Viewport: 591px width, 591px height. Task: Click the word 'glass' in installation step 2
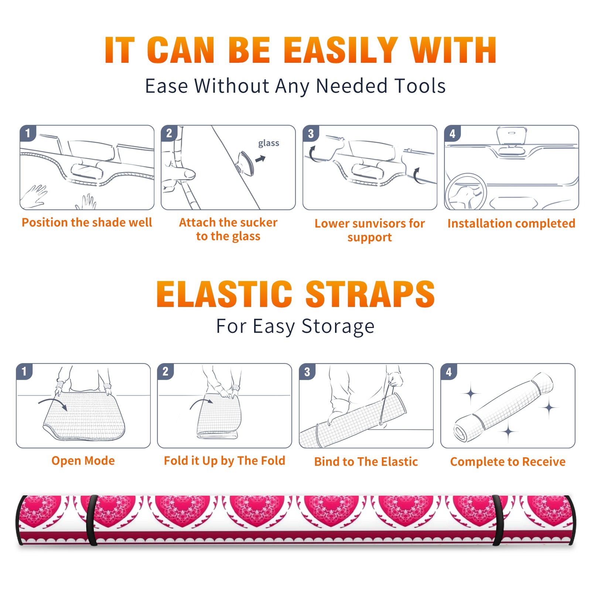pos(269,143)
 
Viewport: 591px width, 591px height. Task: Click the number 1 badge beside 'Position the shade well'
pos(28,133)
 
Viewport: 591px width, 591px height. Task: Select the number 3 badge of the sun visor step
pos(311,133)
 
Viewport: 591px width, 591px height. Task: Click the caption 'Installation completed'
pos(511,223)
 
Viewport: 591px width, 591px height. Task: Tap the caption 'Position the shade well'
pos(87,222)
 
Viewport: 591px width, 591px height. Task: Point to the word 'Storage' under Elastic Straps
pos(338,327)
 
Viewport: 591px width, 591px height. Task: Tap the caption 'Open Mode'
pos(83,461)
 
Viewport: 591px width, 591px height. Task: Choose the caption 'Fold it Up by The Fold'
pos(225,461)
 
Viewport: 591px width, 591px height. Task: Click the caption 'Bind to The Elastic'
pos(366,462)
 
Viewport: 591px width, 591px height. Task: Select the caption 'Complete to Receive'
pos(508,462)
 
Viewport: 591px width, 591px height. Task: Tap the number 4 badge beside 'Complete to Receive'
pos(449,371)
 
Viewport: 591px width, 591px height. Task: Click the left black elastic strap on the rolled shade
pos(92,520)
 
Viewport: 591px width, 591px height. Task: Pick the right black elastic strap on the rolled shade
pos(499,520)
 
